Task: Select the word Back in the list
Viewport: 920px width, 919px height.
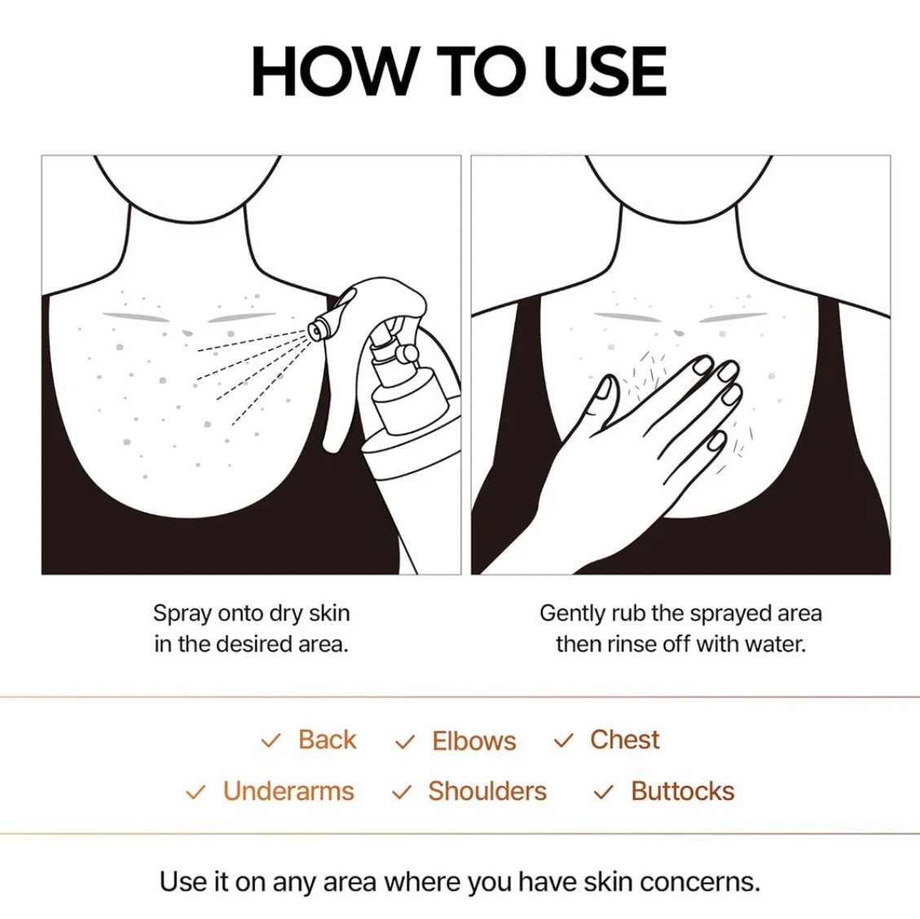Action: [327, 740]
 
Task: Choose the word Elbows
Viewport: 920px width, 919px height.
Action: [474, 741]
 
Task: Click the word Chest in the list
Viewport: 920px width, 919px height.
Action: [625, 740]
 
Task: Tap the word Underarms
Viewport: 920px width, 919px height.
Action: [288, 791]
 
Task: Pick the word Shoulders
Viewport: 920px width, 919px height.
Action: [487, 791]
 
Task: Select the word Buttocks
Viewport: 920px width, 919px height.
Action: [683, 791]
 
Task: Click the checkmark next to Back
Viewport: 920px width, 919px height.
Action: [271, 741]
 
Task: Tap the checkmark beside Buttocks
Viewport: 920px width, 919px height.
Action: [603, 793]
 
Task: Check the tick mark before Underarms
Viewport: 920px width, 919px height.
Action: [195, 793]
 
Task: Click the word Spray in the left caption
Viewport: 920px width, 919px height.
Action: [182, 614]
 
